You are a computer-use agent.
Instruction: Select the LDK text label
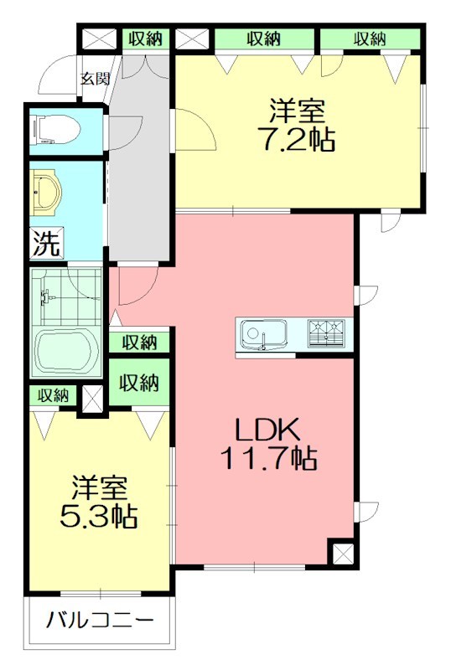click(x=267, y=430)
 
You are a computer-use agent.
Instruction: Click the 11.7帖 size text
click(x=267, y=458)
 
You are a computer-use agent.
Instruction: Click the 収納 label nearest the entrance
click(x=144, y=39)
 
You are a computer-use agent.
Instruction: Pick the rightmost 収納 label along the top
click(x=369, y=39)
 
